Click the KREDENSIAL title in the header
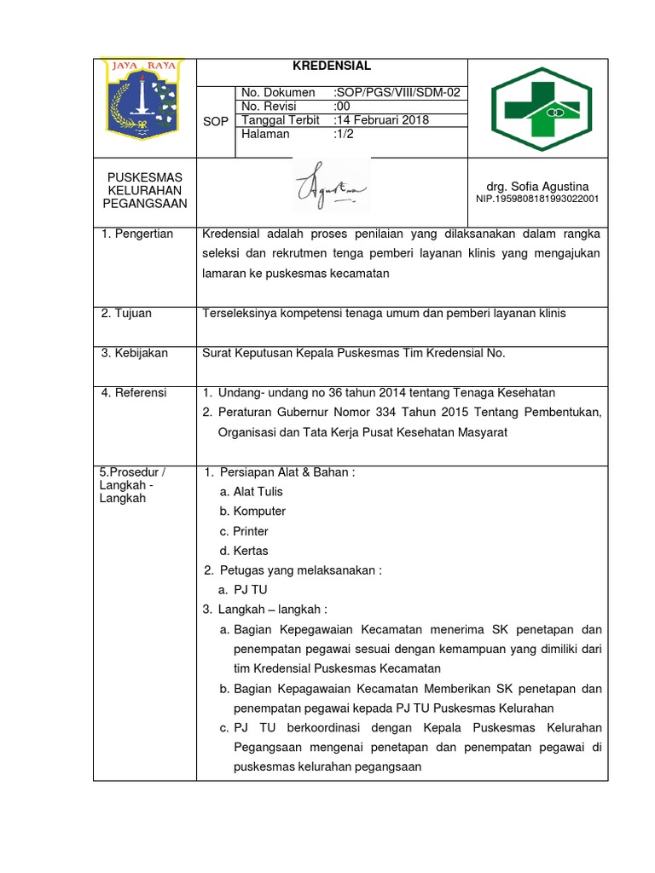pyautogui.click(x=332, y=66)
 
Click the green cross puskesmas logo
pyautogui.click(x=537, y=107)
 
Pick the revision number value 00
pyautogui.click(x=342, y=107)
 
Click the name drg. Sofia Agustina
pyautogui.click(x=536, y=186)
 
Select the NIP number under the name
pyautogui.click(x=536, y=199)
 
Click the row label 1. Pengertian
pyautogui.click(x=137, y=234)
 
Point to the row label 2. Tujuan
pyautogui.click(x=126, y=313)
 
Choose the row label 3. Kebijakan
pyautogui.click(x=135, y=353)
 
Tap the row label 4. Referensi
pyautogui.click(x=134, y=393)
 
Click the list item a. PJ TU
pyautogui.click(x=243, y=590)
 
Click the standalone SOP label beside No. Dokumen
pyautogui.click(x=216, y=121)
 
